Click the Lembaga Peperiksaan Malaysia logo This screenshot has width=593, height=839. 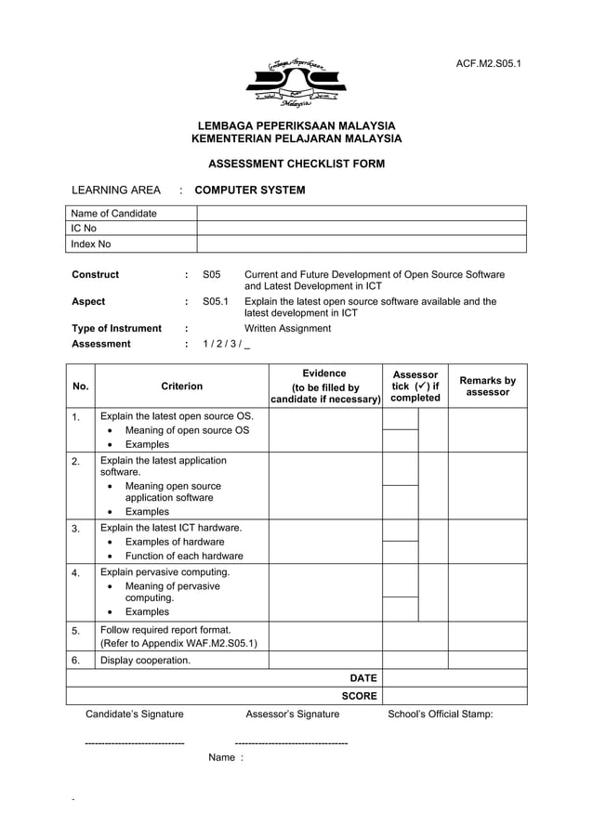click(x=296, y=83)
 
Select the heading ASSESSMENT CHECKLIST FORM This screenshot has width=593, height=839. click(x=296, y=164)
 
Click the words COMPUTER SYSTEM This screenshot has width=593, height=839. click(x=249, y=190)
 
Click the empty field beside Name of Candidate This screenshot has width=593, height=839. click(x=361, y=214)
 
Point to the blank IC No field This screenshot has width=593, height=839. click(x=361, y=229)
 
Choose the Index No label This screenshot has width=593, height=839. click(x=91, y=244)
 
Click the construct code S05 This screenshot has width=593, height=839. click(x=211, y=275)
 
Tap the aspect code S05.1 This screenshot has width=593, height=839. click(x=215, y=302)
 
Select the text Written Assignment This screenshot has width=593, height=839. click(x=287, y=328)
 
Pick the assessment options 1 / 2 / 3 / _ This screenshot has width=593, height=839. click(x=226, y=344)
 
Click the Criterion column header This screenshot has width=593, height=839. click(x=181, y=386)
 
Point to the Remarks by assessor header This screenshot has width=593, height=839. click(x=487, y=386)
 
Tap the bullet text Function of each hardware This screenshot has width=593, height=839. click(x=184, y=556)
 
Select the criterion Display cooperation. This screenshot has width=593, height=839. click(x=145, y=661)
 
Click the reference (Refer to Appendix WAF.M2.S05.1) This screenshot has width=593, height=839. click(x=178, y=643)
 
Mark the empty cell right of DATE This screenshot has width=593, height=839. click(x=454, y=678)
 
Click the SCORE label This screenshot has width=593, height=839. click(x=359, y=696)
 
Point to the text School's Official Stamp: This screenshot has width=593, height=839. click(x=440, y=714)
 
